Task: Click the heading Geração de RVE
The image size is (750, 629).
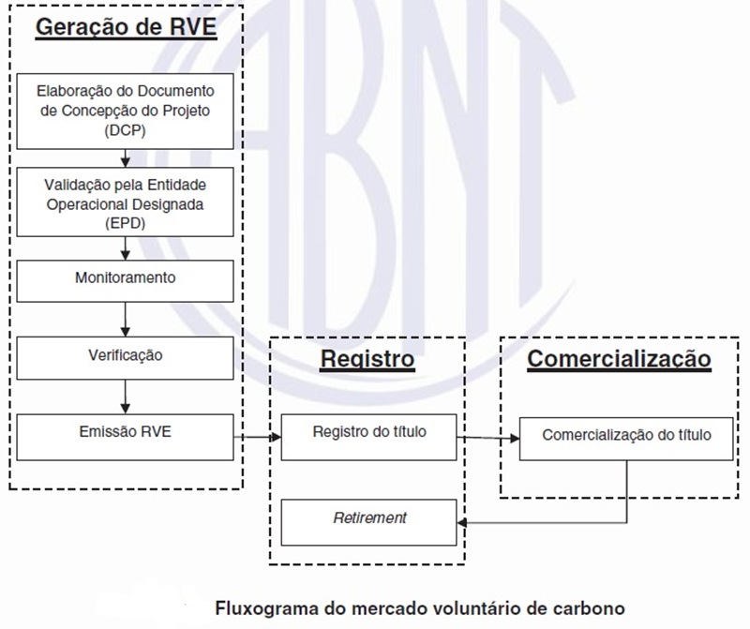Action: [x=126, y=26]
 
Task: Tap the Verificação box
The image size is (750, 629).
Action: [x=126, y=355]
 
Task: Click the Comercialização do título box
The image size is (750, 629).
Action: [x=626, y=436]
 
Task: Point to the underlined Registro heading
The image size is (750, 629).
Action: [x=367, y=359]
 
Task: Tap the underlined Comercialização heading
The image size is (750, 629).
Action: [x=619, y=359]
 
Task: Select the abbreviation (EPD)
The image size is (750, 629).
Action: [x=126, y=225]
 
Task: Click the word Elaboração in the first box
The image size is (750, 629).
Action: [x=73, y=92]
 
